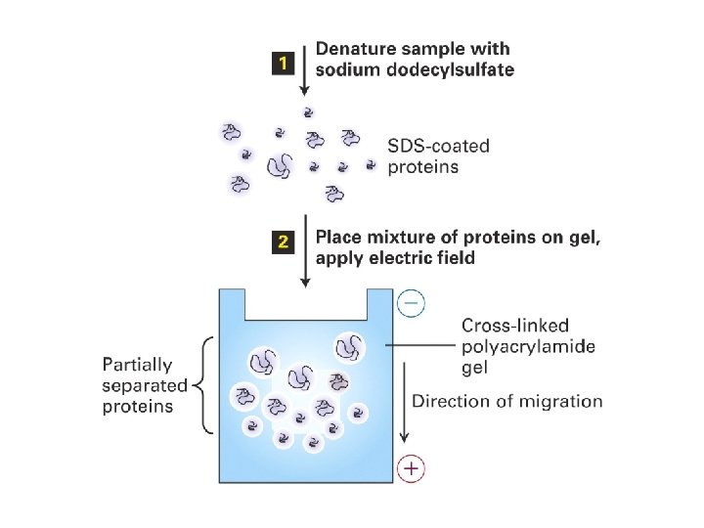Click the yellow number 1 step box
(282, 64)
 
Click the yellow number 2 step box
(282, 243)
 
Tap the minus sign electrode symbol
(411, 304)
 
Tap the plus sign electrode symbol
(412, 469)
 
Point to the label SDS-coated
(439, 147)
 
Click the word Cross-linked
(514, 326)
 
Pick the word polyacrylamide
(528, 347)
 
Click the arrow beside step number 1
(304, 68)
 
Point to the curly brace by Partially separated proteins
(203, 385)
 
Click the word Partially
(137, 365)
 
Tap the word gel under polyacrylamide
(474, 369)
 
